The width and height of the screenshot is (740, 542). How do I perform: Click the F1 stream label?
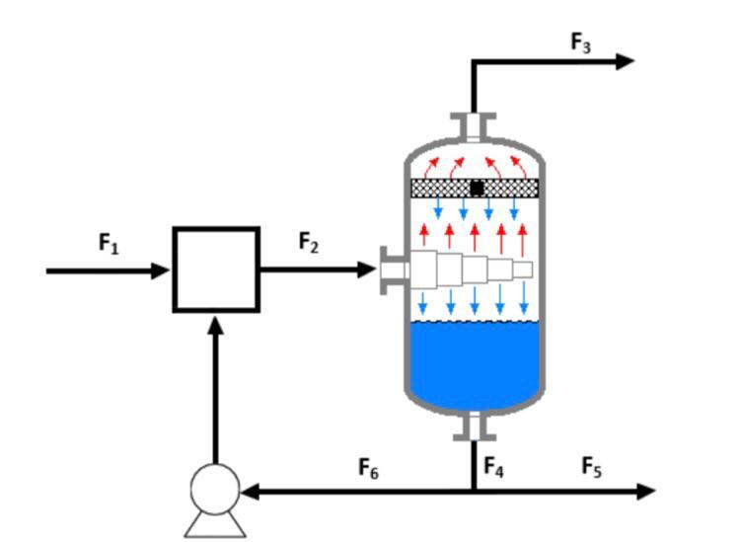pos(109,243)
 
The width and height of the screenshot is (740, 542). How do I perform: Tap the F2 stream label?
pos(309,242)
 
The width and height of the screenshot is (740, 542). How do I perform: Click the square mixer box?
pos(216,270)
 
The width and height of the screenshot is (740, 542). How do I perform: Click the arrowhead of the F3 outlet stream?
pos(625,61)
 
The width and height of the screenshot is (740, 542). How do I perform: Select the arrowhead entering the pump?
pos(250,491)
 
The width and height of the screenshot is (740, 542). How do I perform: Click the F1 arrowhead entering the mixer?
pos(161,270)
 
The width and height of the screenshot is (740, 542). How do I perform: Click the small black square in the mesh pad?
pos(477,188)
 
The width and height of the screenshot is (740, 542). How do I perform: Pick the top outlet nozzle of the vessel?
pos(474,127)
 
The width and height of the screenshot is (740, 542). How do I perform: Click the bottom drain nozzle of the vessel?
pos(474,426)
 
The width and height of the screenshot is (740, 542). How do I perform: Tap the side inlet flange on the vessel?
pos(392,270)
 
